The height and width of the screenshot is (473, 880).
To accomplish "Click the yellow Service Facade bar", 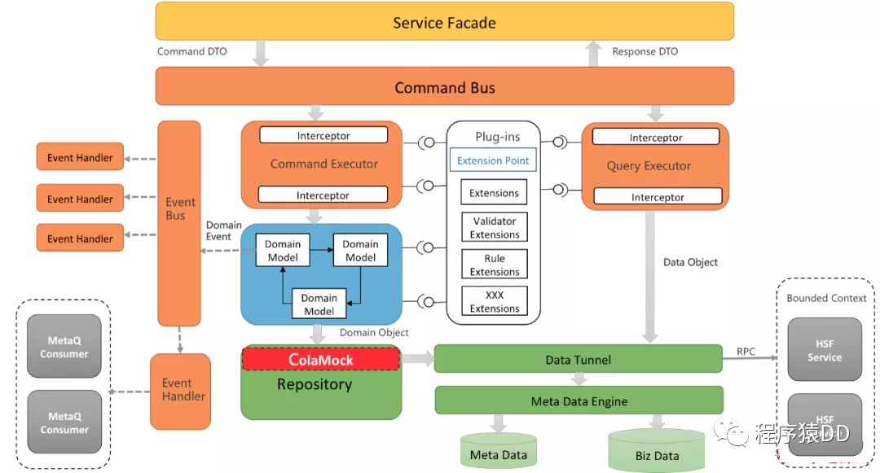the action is (445, 21).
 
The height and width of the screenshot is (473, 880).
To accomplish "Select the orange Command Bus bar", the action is (445, 86).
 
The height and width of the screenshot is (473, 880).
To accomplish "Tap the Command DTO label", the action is (192, 51).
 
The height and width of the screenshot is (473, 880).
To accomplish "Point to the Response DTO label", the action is (645, 51).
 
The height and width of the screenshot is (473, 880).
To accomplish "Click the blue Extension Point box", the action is (493, 160).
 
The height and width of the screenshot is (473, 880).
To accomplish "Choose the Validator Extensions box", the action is (495, 227).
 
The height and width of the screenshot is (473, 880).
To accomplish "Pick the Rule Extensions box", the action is (495, 265).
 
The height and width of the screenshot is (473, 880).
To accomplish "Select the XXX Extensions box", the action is (495, 301).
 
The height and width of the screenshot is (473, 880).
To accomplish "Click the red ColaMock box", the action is (321, 359).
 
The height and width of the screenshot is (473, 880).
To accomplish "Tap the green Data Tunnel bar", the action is (578, 359).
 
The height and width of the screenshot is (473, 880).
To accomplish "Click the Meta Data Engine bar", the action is (579, 401).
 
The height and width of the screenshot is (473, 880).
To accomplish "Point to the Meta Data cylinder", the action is (499, 450).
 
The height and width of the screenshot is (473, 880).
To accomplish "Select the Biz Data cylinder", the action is (657, 450).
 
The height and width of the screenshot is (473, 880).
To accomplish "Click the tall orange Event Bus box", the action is (179, 223).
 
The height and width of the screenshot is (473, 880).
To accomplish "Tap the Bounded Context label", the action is (826, 298).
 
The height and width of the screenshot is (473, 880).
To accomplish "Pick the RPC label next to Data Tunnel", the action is (746, 352).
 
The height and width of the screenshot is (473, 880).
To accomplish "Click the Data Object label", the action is (690, 261).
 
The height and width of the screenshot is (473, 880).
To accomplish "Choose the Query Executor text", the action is (649, 166).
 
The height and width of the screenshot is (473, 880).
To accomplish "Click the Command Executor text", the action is (323, 164).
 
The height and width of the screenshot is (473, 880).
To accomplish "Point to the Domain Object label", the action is (374, 332).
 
